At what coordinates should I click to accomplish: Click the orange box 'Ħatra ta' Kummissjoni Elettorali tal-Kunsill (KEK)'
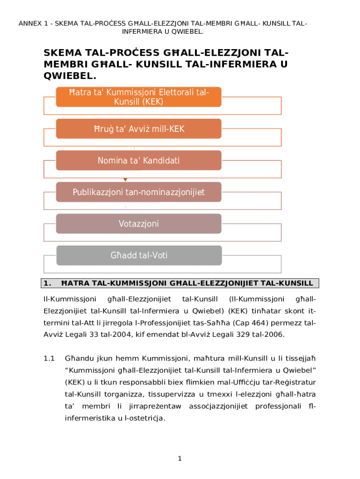(x=138, y=97)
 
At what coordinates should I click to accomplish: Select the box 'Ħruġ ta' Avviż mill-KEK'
(x=138, y=129)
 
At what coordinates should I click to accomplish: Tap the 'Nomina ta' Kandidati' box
(x=138, y=160)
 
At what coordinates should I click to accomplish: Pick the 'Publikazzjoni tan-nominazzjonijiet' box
(x=138, y=192)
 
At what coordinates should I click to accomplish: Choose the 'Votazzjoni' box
(x=138, y=224)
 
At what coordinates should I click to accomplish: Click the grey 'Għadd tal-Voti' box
(x=138, y=255)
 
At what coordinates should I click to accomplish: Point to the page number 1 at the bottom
(x=180, y=459)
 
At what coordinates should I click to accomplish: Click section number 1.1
(x=50, y=359)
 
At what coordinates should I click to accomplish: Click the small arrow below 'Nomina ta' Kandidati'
(x=125, y=179)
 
